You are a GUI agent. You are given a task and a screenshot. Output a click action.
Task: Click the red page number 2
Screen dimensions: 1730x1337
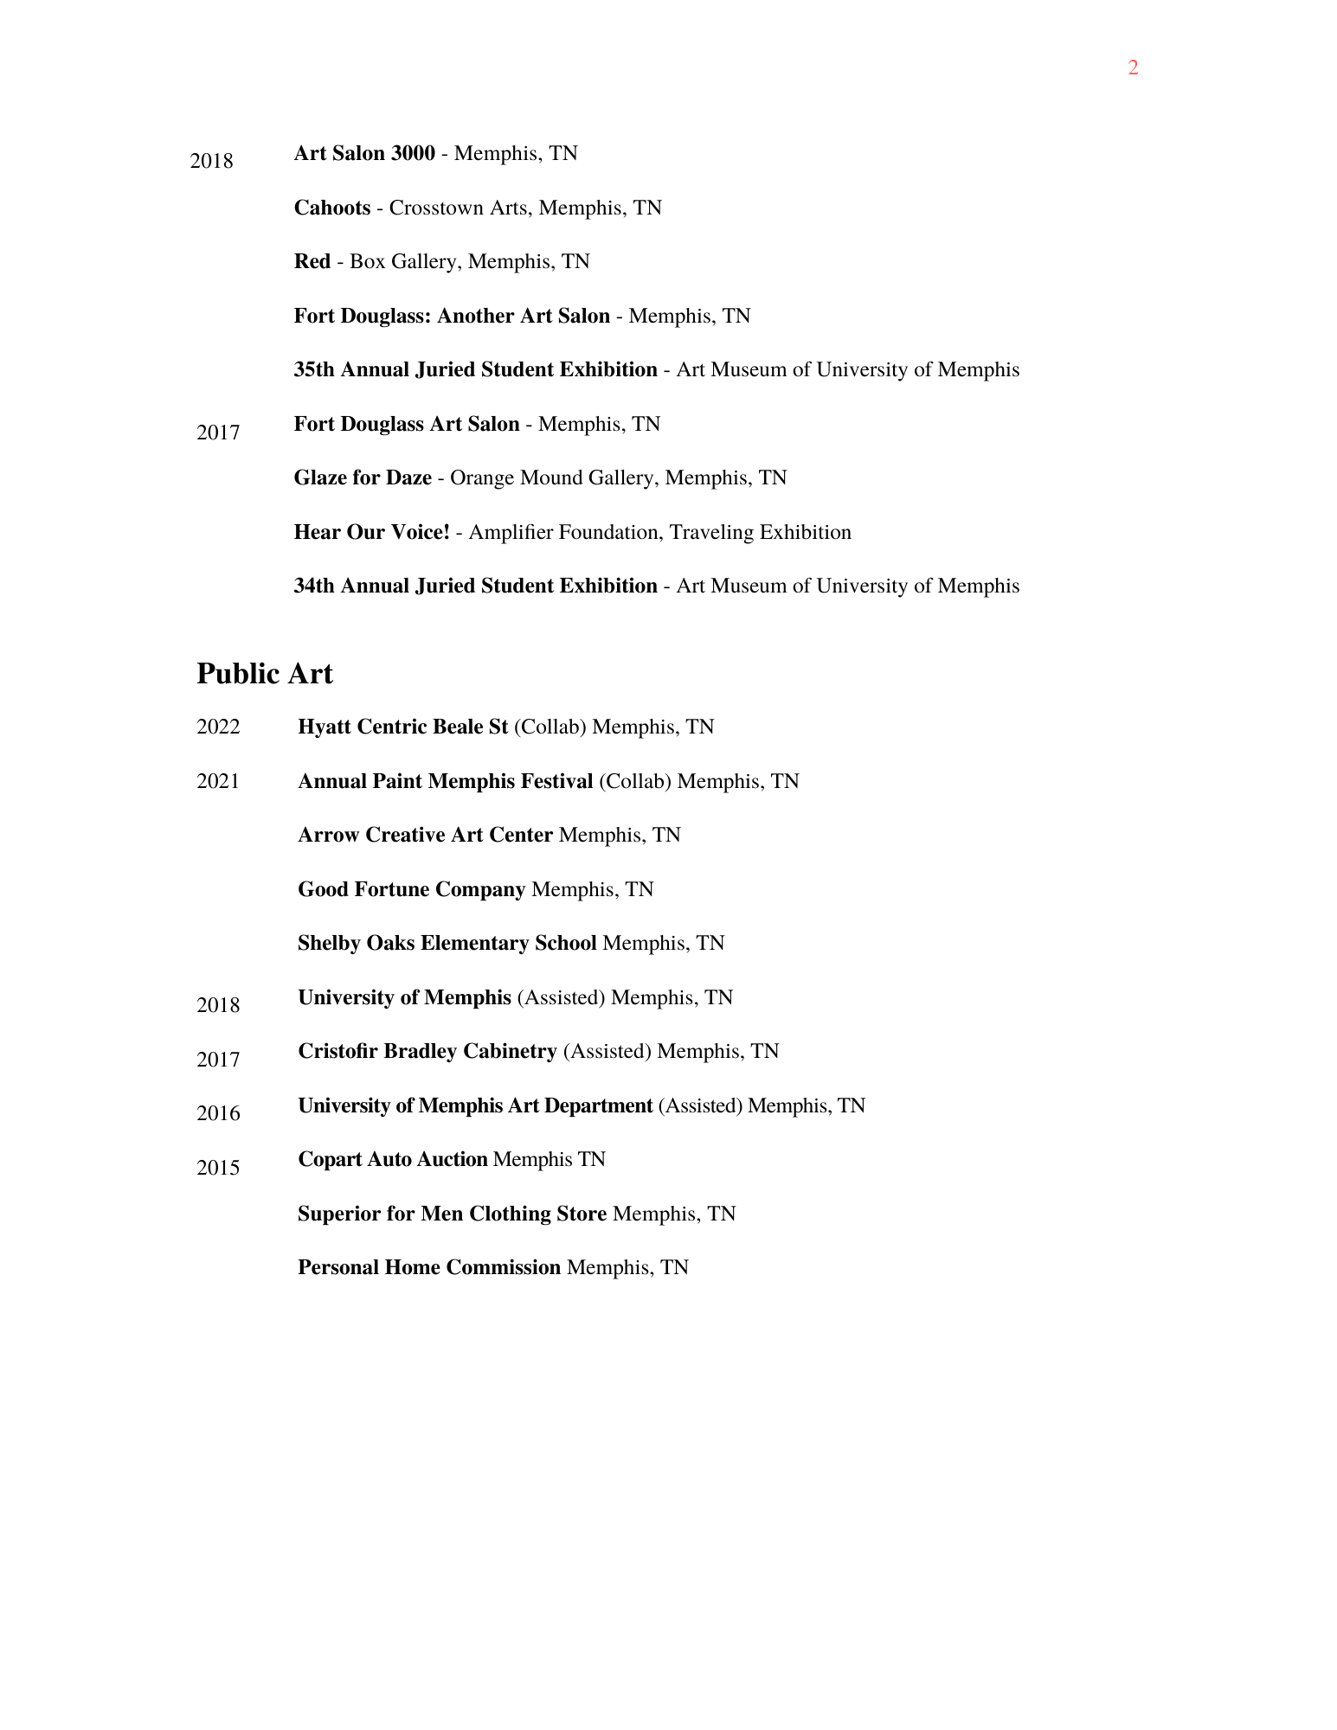click(x=1133, y=67)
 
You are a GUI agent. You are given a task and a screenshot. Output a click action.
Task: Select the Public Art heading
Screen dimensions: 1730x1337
click(x=264, y=674)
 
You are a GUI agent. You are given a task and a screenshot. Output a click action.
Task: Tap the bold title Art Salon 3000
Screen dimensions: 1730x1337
click(x=364, y=153)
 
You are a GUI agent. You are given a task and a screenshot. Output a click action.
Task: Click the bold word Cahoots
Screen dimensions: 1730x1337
click(x=332, y=208)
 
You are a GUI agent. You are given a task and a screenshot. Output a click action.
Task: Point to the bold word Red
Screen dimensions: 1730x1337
click(x=312, y=261)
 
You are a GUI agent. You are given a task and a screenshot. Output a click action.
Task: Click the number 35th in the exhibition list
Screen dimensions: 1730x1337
click(x=314, y=369)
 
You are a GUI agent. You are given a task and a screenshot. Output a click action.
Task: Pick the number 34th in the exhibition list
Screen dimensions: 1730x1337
click(x=314, y=586)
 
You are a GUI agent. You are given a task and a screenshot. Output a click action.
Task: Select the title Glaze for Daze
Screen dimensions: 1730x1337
click(x=363, y=477)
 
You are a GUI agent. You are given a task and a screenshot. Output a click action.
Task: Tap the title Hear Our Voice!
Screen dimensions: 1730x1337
click(x=372, y=532)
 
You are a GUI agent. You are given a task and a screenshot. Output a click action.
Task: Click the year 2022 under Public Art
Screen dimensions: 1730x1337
click(x=218, y=727)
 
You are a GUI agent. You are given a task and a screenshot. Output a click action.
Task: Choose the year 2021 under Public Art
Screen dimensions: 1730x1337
click(x=218, y=781)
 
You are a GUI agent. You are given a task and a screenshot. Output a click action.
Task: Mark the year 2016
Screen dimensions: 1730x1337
click(x=218, y=1113)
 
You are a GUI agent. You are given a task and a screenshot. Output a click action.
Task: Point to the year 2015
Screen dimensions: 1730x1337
click(x=218, y=1168)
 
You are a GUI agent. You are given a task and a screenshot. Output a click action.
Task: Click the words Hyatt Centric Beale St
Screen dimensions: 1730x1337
click(x=402, y=727)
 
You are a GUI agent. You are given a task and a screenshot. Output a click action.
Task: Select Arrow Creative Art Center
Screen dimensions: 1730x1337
click(x=425, y=835)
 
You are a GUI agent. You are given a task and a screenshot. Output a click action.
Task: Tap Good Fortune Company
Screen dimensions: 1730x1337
click(x=411, y=889)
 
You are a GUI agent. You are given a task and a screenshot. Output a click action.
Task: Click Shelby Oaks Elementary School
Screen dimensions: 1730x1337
click(x=447, y=943)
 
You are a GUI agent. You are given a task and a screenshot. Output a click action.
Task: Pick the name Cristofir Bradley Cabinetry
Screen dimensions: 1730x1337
click(x=427, y=1051)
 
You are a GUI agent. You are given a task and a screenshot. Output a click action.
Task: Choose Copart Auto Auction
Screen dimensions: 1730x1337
click(x=393, y=1159)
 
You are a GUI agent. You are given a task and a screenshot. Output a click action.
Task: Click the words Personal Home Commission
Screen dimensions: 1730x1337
click(x=429, y=1267)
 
